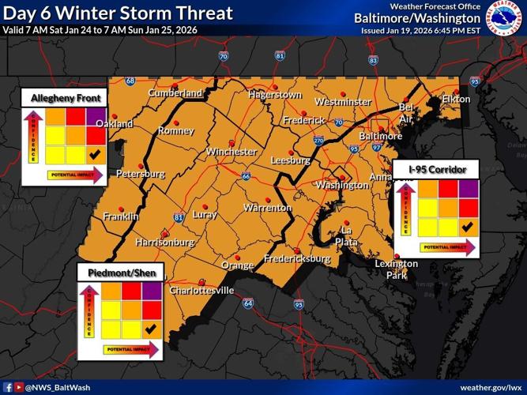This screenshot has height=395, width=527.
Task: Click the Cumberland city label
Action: pos(175,93)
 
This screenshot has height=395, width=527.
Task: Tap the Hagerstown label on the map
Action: pos(274,95)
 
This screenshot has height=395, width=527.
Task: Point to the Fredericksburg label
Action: pos(297,258)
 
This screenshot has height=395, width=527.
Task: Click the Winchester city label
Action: pos(232,152)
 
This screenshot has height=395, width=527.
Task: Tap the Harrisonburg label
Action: pos(165,242)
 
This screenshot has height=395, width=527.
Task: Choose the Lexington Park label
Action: pos(397,269)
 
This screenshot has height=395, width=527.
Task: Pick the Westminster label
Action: pos(342,102)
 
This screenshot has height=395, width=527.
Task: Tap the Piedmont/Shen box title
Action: pos(122,273)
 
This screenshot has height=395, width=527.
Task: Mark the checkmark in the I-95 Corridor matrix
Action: pos(467,227)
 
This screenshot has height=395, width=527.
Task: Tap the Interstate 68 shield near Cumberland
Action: pos(130,80)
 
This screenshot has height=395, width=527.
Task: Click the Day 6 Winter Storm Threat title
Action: pos(120,13)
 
